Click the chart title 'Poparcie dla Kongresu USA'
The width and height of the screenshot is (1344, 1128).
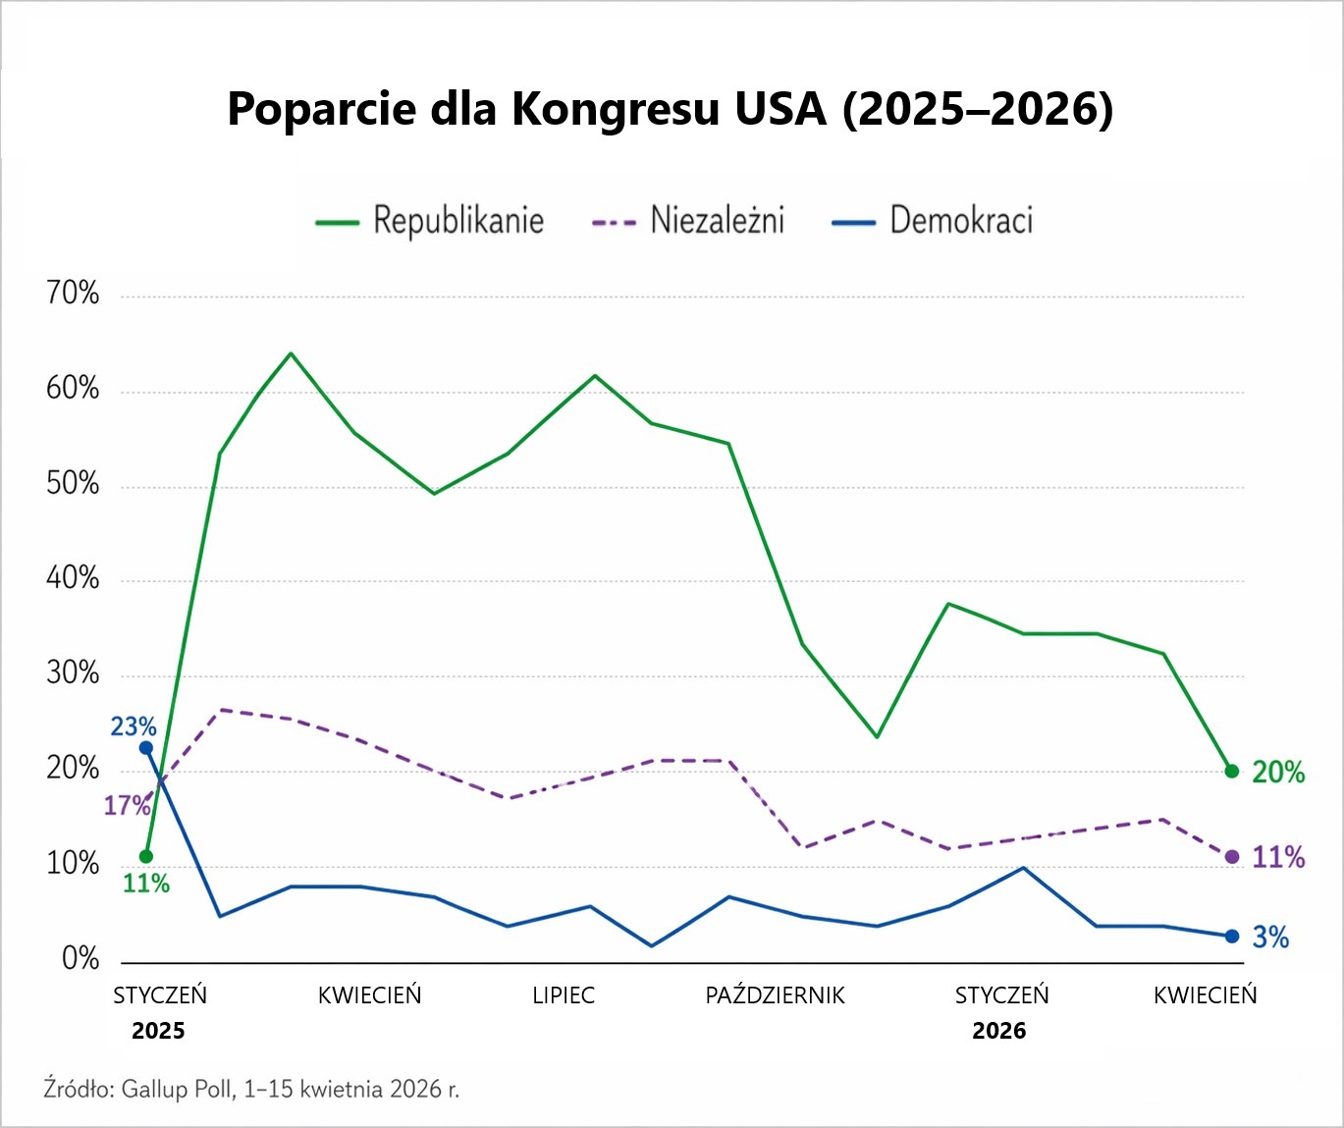click(671, 108)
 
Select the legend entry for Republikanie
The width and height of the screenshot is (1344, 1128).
click(430, 221)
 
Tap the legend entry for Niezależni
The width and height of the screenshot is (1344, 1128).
click(688, 221)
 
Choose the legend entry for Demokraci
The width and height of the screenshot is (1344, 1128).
click(933, 221)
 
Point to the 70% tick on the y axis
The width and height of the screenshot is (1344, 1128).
click(73, 294)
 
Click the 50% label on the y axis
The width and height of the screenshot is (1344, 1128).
click(73, 484)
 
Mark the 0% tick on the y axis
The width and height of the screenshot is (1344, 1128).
click(80, 959)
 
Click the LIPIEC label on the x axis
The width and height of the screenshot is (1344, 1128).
click(564, 995)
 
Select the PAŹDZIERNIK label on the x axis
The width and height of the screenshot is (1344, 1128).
click(775, 995)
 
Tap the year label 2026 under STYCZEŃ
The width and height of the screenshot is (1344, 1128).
click(998, 1031)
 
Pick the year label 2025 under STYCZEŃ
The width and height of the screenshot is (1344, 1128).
click(158, 1031)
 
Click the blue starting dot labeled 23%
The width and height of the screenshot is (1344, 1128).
click(146, 748)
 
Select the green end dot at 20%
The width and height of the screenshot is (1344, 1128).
click(1232, 772)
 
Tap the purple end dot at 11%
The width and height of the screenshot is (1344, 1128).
click(1232, 857)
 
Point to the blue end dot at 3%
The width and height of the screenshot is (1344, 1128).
click(1232, 937)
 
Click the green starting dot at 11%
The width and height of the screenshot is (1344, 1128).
click(146, 857)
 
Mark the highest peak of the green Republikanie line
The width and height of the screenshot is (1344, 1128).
click(291, 353)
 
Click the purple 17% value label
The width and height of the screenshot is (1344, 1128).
click(127, 806)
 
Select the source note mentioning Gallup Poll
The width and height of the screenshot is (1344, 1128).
click(251, 1089)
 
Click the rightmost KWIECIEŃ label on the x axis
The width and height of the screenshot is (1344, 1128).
click(1205, 995)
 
